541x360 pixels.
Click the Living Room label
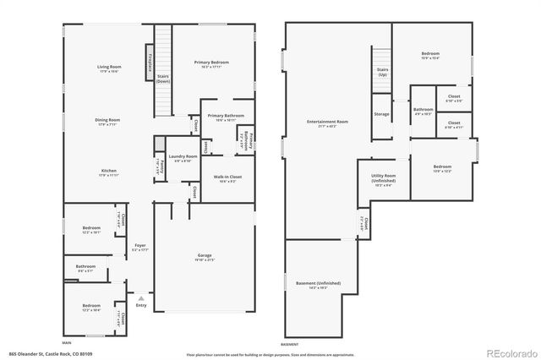(108, 66)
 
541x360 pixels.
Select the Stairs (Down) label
(163, 79)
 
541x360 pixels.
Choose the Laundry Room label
(183, 156)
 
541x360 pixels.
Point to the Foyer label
(140, 247)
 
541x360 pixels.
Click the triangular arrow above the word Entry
(141, 298)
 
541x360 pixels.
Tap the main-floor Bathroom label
(85, 266)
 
